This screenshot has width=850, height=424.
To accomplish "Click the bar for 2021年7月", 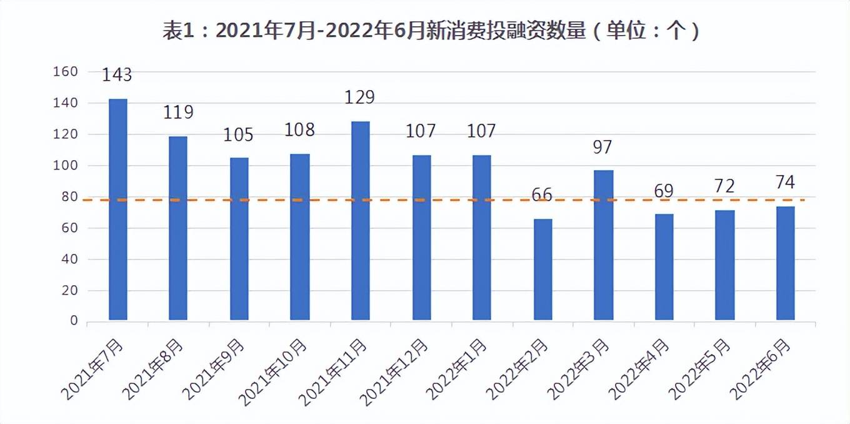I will coord(117,209).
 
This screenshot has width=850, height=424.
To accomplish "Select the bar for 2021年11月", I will coord(361,220).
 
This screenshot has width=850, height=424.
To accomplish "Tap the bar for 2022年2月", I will coord(542,270).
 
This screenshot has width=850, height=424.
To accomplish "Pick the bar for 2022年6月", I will coord(785,263).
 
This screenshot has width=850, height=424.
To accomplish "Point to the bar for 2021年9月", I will coord(239,239).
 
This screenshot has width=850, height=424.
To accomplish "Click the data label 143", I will coord(117,75).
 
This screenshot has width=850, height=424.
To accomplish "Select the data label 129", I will coord(359,98).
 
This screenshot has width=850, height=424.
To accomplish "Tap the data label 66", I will coord(542,194).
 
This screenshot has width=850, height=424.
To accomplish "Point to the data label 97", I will coord(603,148).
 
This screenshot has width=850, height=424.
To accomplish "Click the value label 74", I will coord(785,183).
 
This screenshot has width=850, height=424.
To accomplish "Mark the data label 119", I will coord(178,113).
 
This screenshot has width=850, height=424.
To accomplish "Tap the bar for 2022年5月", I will coord(724,265).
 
